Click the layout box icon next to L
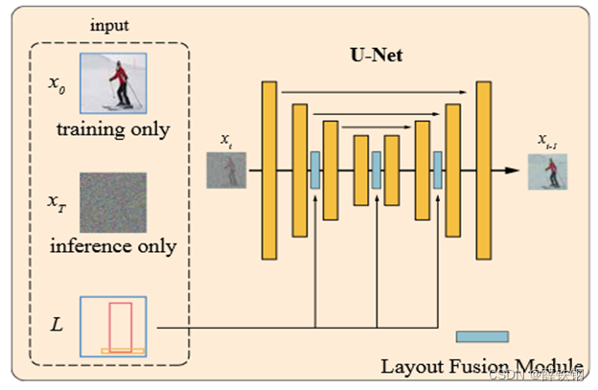coord(113,327)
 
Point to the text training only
coord(112,129)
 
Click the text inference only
coord(113,246)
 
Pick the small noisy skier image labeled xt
coord(227,170)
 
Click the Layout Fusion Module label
coord(481,366)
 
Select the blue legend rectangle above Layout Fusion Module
coord(482,336)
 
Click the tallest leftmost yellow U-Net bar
coord(269,171)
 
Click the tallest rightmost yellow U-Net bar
coord(483,171)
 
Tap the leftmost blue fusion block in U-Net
coord(314,170)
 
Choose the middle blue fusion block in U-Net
coord(377,170)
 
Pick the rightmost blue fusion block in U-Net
coord(437,170)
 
